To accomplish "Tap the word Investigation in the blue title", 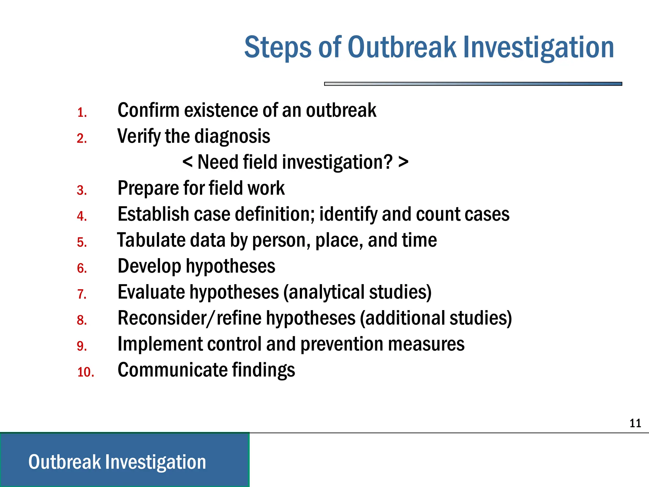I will click(x=539, y=48).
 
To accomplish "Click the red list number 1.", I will click(x=82, y=113).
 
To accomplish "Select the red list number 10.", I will click(x=86, y=372).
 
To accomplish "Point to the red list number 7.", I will click(x=82, y=294).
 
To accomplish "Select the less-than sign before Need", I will click(x=188, y=162).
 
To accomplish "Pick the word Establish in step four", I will click(x=153, y=214).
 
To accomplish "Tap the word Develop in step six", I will click(x=149, y=266).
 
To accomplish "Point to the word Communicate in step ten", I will click(x=172, y=370).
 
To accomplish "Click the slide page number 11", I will click(x=635, y=423).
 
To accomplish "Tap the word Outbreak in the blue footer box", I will click(x=64, y=462).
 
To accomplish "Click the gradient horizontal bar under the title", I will click(x=473, y=84).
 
